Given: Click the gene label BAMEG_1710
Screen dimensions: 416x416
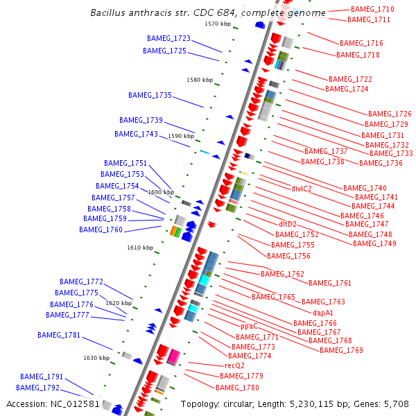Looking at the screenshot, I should [372, 9].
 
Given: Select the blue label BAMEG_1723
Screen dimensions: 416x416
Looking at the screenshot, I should [168, 38].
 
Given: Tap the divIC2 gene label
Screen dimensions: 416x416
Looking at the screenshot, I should [302, 188].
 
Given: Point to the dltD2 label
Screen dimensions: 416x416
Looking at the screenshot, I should [288, 224].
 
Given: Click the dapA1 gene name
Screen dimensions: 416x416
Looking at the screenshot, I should [323, 313].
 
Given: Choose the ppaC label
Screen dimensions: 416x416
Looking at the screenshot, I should [249, 326].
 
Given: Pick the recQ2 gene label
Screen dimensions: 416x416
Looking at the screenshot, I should [234, 365].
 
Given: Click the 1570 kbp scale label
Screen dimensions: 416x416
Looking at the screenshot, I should [217, 24].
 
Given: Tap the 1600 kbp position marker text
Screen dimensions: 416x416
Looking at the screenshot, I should [160, 192].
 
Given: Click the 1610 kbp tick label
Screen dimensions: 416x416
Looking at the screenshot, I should [139, 248].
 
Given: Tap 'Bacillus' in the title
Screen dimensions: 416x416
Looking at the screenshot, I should [110, 12].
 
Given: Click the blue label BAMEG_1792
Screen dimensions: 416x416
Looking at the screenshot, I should [37, 388].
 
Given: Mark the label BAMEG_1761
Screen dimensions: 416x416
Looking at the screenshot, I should [330, 283].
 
